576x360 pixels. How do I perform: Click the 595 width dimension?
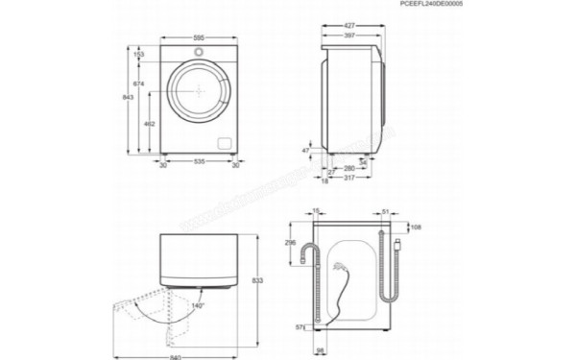click(x=199, y=38)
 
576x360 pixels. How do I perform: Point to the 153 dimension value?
click(x=138, y=56)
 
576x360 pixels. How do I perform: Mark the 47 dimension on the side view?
click(x=306, y=150)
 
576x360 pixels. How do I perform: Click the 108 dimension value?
click(x=416, y=227)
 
